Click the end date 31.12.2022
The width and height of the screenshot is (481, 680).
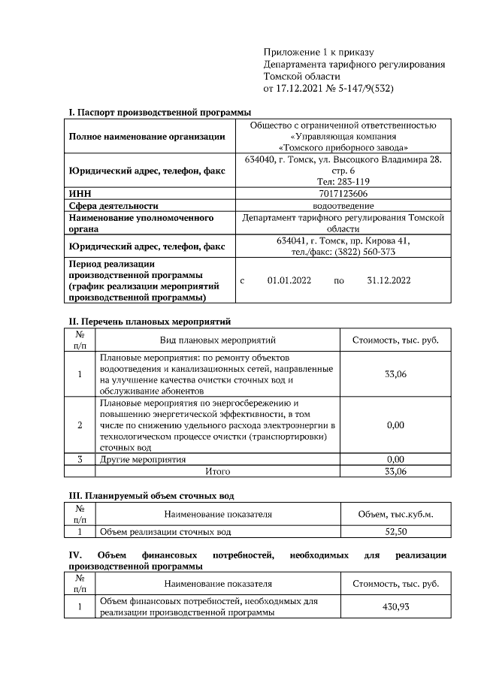[389, 281]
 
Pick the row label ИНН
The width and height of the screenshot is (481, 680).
[80, 193]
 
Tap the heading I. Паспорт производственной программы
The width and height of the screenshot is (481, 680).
[160, 112]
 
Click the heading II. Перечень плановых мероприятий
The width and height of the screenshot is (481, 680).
[148, 322]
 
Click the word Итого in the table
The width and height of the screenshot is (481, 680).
[218, 471]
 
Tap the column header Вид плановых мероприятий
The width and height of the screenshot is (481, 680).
[218, 340]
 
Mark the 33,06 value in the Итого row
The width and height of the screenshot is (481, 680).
[395, 471]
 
